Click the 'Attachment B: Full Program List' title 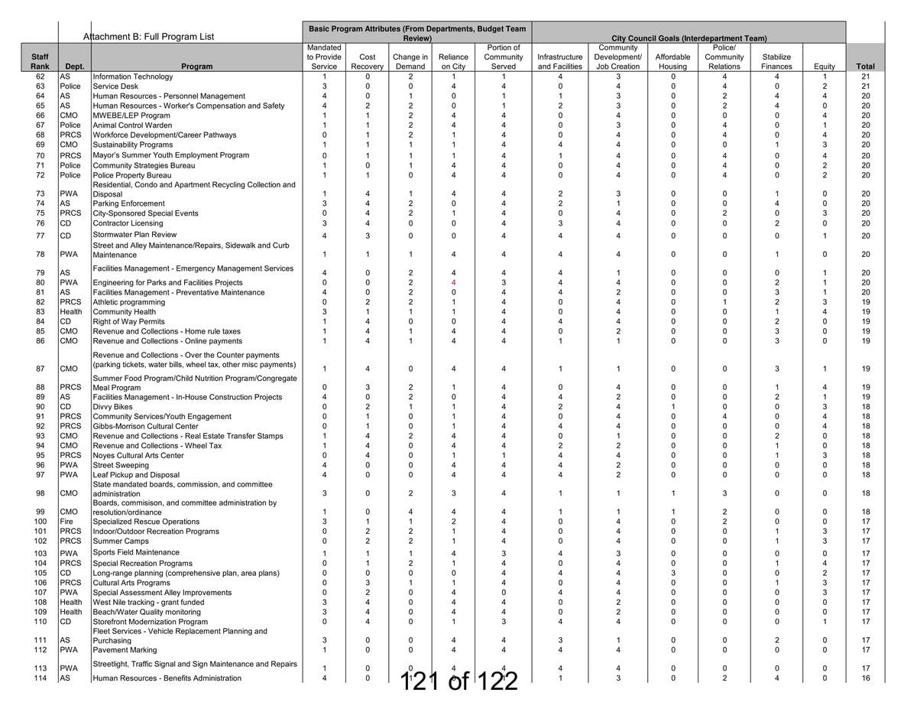[x=148, y=37]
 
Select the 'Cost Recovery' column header [x=367, y=61]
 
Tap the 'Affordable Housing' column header [x=672, y=61]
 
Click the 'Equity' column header [x=825, y=67]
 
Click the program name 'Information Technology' [x=133, y=76]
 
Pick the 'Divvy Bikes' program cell [x=112, y=407]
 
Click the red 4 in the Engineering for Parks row [x=453, y=283]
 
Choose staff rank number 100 [x=41, y=522]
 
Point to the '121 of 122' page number [x=459, y=681]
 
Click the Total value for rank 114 [x=865, y=678]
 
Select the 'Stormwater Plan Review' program [x=134, y=235]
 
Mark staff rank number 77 [x=41, y=236]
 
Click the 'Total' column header [x=865, y=67]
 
